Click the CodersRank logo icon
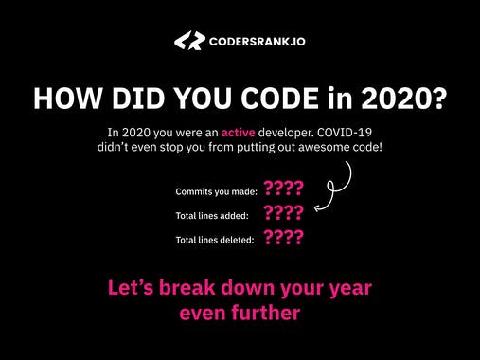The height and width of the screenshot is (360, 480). point(189,41)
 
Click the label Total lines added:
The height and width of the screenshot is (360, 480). point(212,216)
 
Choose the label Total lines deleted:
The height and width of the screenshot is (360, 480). point(215,241)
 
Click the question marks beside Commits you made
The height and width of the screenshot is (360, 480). point(284,189)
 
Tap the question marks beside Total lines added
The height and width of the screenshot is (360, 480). point(284,214)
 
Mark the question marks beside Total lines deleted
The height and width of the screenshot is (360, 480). point(284,238)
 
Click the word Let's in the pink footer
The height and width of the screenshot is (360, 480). point(129,286)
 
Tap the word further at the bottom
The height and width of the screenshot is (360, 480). point(265,311)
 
